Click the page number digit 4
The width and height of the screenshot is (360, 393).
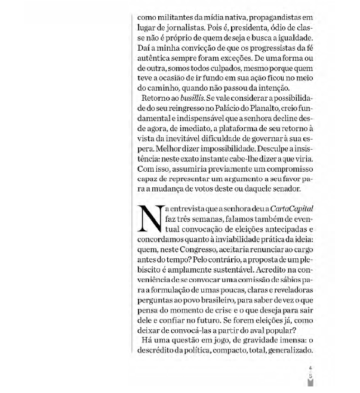pos(310,368)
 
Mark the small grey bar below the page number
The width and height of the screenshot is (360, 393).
pos(310,384)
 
